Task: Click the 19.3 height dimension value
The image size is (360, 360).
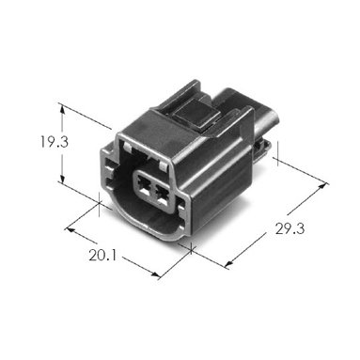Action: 54,142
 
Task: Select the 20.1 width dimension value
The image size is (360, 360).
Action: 102,256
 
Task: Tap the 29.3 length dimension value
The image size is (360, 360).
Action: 290,228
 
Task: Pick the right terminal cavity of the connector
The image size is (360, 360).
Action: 162,195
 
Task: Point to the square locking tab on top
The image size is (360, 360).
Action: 196,115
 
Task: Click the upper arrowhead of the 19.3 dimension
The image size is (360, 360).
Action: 63,109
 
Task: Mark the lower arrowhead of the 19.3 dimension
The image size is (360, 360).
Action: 63,179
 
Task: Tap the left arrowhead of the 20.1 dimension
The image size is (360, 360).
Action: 70,229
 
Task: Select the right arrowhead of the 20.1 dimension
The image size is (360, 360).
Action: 156,274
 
